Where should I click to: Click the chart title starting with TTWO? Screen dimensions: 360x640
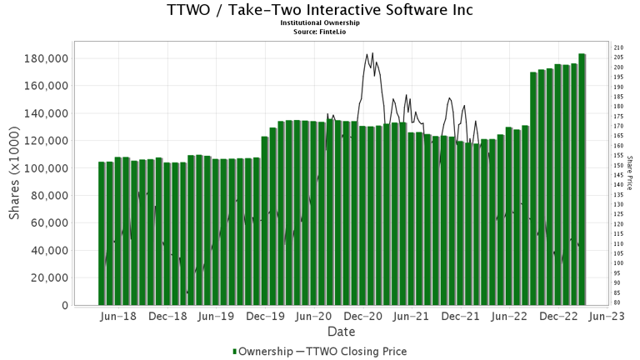pos(319,10)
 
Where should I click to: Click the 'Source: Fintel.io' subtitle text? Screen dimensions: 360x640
pos(319,31)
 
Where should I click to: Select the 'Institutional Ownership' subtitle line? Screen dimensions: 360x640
pos(319,23)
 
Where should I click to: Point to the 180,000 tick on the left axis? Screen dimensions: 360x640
pos(45,58)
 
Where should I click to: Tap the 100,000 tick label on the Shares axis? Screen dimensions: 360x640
pos(45,168)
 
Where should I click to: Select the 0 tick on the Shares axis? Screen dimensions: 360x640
pos(65,306)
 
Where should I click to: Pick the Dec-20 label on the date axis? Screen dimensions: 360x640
pos(363,317)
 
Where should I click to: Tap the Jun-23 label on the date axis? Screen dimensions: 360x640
pos(607,317)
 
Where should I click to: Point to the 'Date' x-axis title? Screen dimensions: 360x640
pos(341,332)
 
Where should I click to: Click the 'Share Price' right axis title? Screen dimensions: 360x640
pos(630,172)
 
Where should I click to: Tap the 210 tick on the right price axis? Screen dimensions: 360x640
pos(618,47)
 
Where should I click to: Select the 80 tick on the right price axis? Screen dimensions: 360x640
pos(617,302)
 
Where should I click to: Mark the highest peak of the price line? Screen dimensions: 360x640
pos(372,52)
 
